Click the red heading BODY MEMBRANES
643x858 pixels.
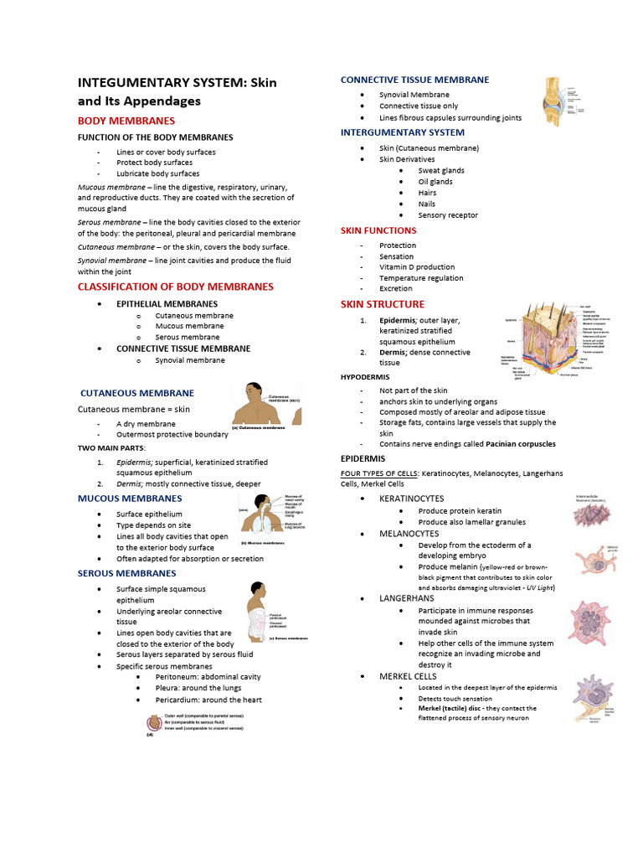(126, 121)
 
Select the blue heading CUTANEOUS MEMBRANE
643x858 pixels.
(137, 393)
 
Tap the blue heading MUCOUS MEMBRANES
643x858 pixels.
(130, 499)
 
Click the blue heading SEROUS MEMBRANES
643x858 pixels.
(127, 573)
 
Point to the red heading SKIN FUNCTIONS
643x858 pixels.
(378, 230)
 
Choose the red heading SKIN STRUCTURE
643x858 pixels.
(383, 304)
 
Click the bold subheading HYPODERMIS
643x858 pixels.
(365, 377)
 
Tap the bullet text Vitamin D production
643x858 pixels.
(417, 267)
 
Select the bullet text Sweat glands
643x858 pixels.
(441, 170)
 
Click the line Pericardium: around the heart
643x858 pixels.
(208, 700)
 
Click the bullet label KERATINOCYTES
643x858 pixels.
(411, 499)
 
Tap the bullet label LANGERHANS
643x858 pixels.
(407, 599)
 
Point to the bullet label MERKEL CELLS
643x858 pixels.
(408, 676)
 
